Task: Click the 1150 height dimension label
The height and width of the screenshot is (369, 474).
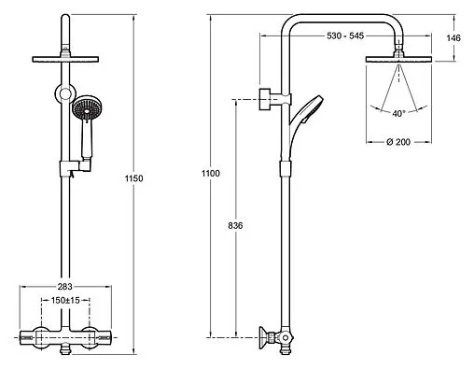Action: click(x=134, y=178)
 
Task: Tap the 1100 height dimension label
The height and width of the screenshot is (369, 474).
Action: click(x=211, y=174)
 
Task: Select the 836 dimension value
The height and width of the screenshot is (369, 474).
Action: click(x=235, y=226)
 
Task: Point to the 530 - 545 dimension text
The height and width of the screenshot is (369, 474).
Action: click(x=345, y=35)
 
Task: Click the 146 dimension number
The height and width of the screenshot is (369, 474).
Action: click(x=453, y=38)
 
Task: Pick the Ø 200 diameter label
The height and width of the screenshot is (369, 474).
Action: click(x=398, y=142)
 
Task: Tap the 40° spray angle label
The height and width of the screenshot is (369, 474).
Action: click(x=399, y=114)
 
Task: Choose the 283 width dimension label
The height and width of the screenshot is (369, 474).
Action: click(x=65, y=286)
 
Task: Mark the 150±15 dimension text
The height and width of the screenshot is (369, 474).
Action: click(x=65, y=301)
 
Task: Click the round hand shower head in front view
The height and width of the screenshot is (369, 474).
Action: click(x=88, y=108)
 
